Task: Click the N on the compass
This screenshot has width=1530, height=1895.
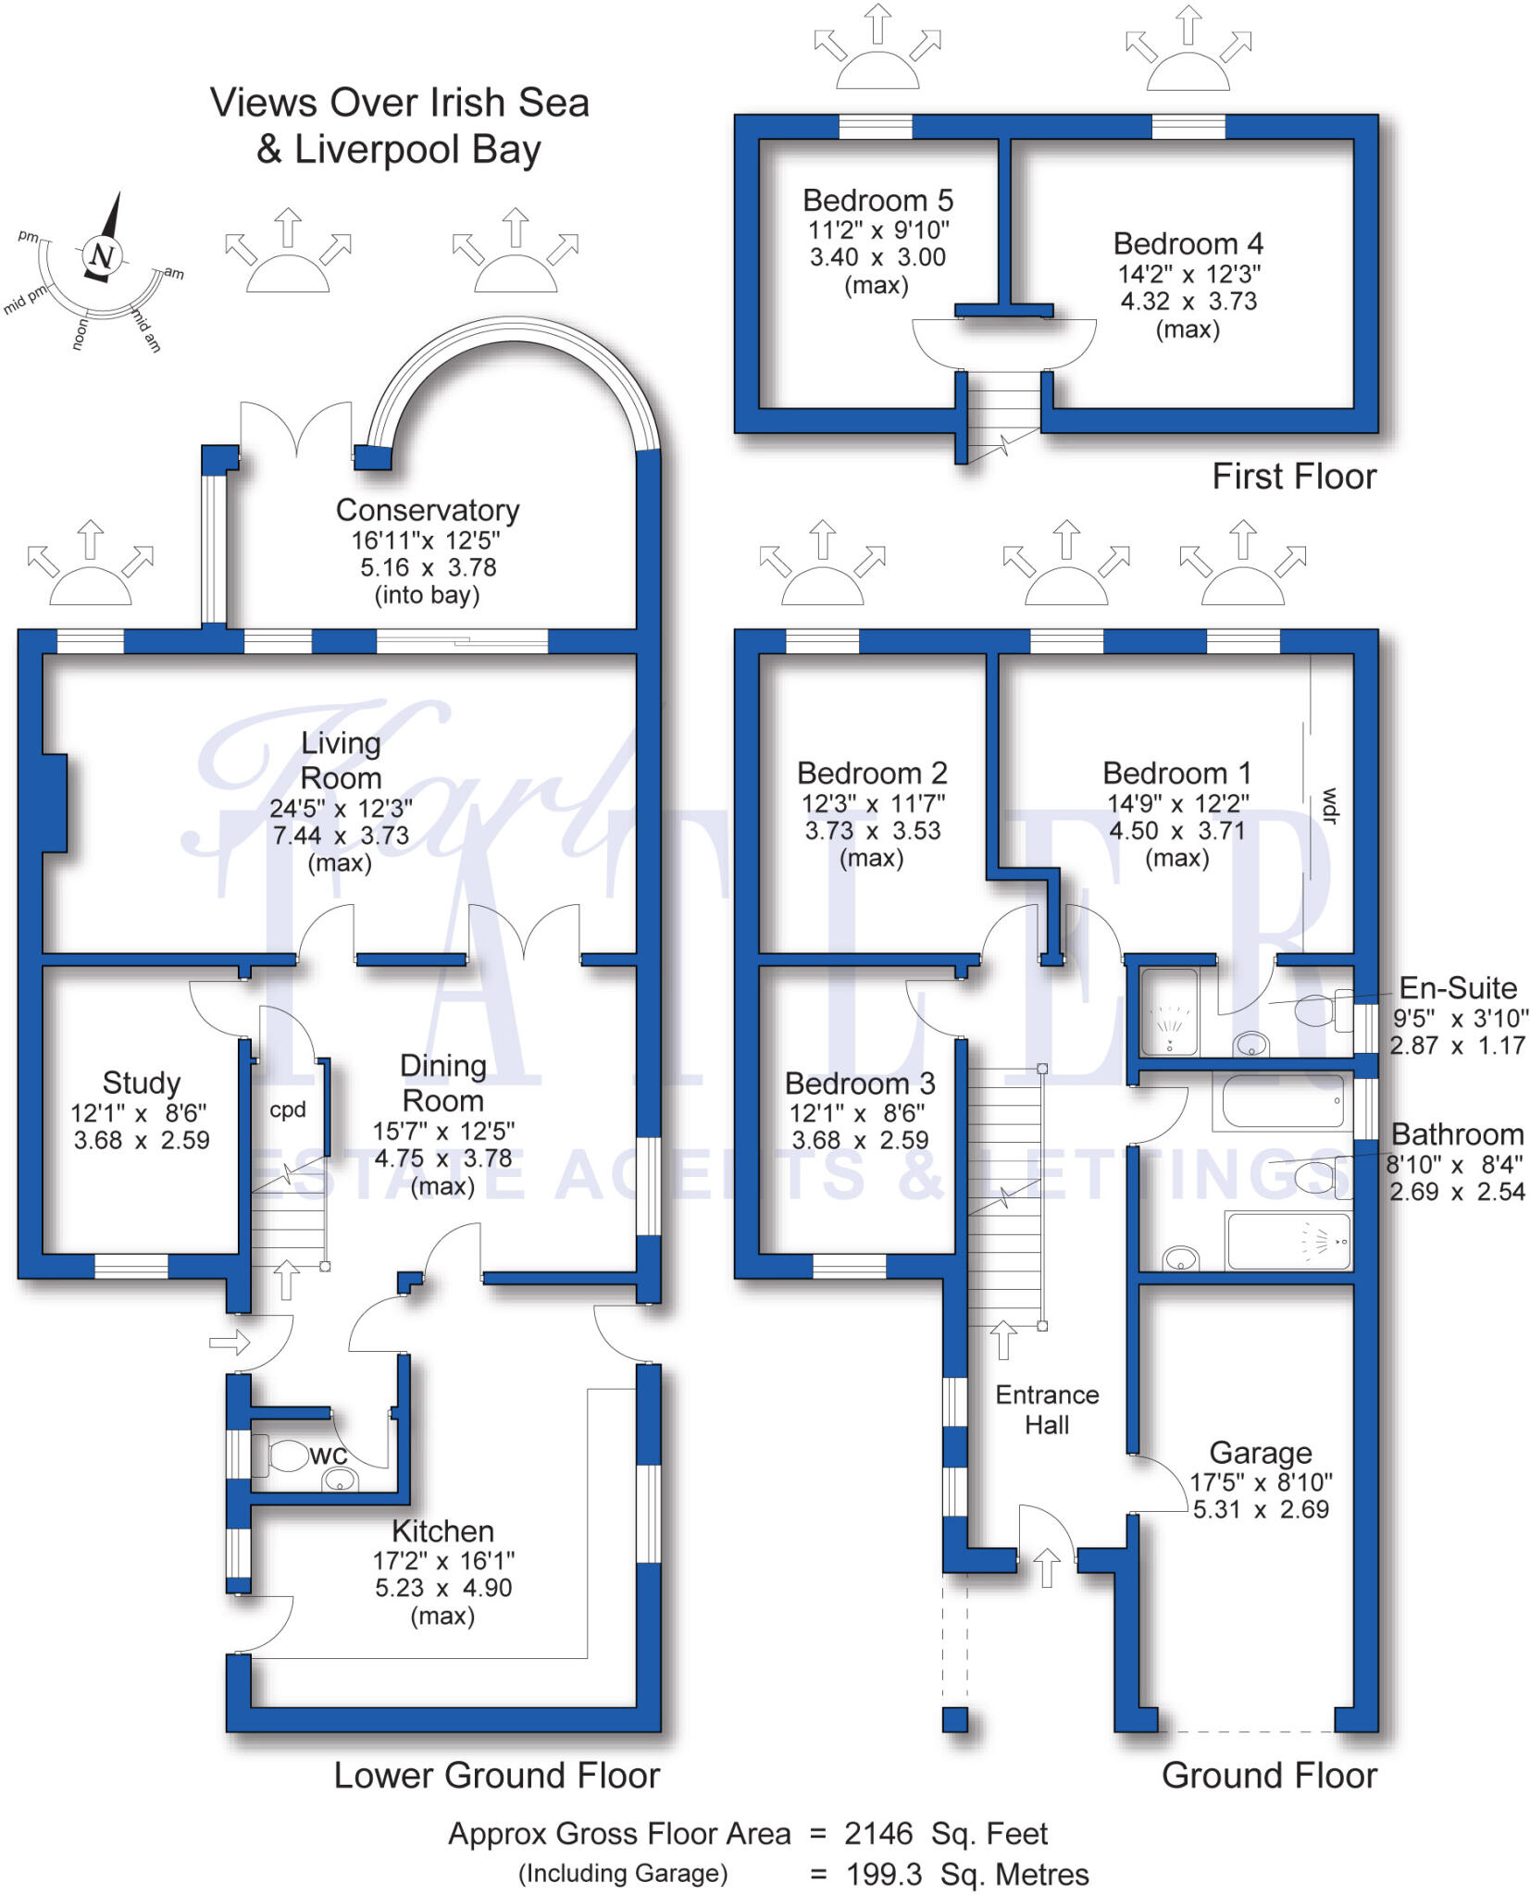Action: pos(102,256)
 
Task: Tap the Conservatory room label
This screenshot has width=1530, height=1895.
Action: pos(427,510)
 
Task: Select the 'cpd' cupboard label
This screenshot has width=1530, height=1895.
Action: pos(287,1109)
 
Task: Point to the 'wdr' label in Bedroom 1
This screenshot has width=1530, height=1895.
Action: pos(1331,805)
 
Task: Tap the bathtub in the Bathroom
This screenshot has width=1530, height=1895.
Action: pos(1283,1101)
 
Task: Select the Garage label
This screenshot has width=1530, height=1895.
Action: pos(1260,1453)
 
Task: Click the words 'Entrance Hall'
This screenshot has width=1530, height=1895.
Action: pos(1047,1409)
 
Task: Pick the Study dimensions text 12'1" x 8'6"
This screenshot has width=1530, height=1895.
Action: pos(139,1112)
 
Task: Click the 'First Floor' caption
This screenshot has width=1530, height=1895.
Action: pos(1294,477)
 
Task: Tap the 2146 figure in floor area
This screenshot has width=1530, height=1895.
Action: pos(878,1833)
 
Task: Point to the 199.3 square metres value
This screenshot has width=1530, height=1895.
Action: pos(884,1874)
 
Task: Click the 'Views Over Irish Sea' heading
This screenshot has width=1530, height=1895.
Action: pos(399,103)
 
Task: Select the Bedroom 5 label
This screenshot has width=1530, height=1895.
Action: pos(877,201)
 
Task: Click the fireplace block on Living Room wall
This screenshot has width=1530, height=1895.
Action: pos(55,802)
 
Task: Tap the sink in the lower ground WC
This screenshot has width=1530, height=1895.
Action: pos(340,1481)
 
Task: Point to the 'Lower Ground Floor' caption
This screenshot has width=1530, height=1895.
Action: pos(496,1776)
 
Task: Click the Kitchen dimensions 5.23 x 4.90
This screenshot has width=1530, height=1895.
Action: pos(442,1588)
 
